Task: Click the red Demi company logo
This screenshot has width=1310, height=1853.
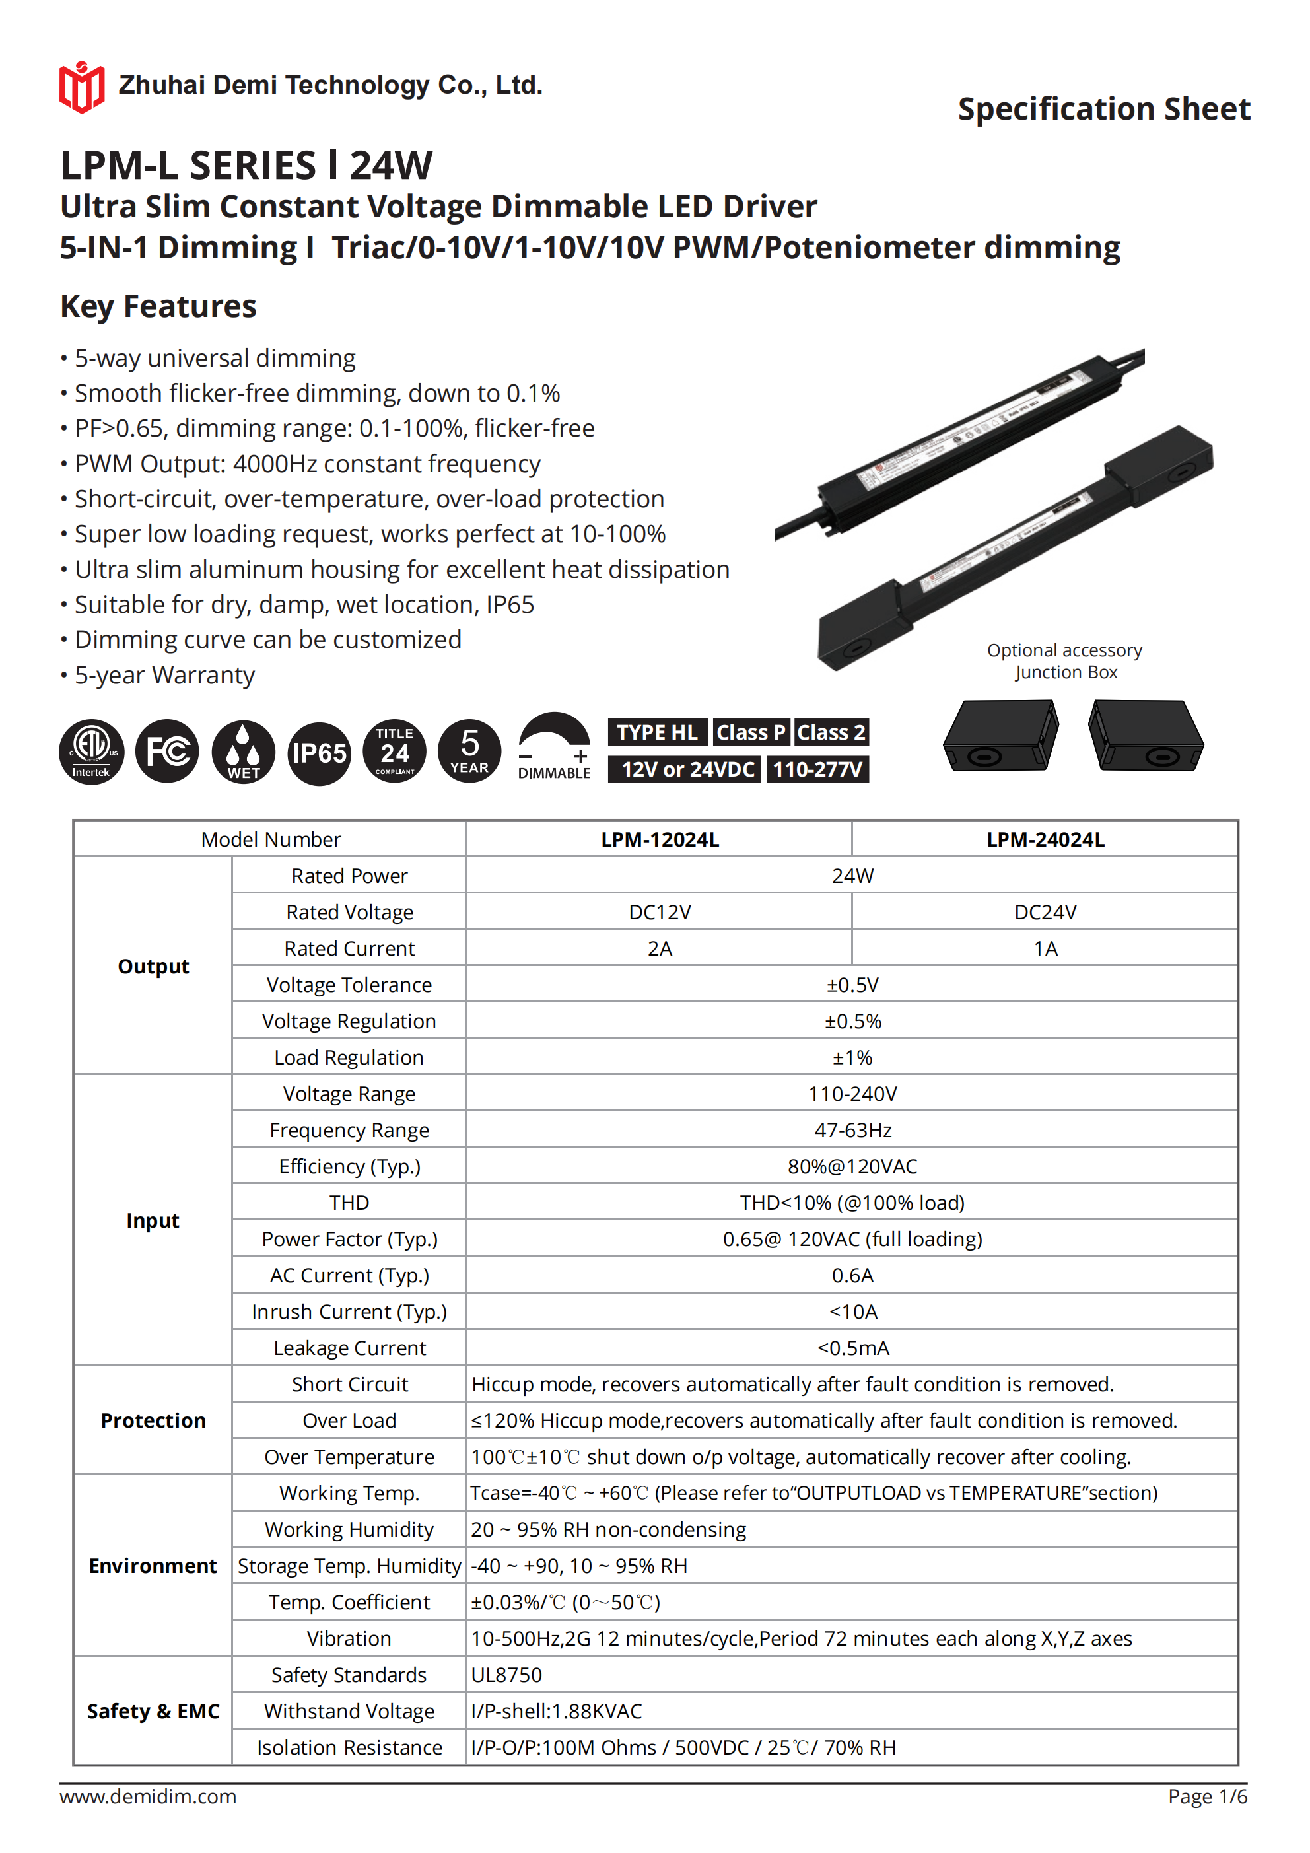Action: point(81,87)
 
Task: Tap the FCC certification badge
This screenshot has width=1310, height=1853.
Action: point(167,752)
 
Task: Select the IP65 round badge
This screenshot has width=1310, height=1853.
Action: point(320,753)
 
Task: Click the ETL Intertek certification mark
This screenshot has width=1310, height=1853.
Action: point(91,752)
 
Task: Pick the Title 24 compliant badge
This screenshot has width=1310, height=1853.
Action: point(395,752)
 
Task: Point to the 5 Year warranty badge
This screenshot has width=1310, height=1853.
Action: point(469,752)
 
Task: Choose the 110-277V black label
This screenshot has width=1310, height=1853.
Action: point(817,769)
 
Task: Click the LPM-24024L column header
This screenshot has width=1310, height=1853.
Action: point(1045,839)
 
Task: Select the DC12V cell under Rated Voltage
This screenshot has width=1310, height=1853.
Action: point(660,912)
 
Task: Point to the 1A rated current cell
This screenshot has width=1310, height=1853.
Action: point(1045,948)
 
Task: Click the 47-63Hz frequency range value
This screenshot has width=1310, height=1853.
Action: point(852,1130)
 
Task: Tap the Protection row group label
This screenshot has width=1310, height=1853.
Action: point(153,1420)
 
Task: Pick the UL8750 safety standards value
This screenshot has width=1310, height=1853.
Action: point(507,1675)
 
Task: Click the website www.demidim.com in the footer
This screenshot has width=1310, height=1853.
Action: point(149,1796)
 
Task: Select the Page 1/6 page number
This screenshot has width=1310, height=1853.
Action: point(1207,1796)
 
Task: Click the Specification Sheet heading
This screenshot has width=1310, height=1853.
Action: point(1103,109)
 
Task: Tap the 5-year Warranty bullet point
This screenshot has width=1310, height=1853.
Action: point(164,675)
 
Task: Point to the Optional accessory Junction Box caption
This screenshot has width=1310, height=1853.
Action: point(1064,661)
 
